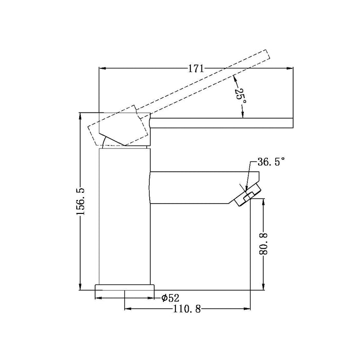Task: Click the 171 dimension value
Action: click(196, 68)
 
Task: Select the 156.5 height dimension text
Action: click(81, 201)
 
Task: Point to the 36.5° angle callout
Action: click(271, 162)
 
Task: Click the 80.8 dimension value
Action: click(263, 244)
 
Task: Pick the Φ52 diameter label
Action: click(170, 298)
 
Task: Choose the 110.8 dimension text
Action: click(187, 309)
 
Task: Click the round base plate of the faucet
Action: click(124, 287)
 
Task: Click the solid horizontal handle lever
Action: click(222, 123)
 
